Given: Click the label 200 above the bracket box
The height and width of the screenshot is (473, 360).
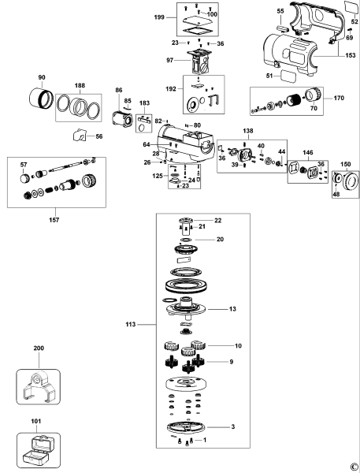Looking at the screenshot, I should point(39,348).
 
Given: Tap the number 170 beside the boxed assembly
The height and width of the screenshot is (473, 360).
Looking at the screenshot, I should point(339,100).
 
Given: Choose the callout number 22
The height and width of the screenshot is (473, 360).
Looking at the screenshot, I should point(218,220).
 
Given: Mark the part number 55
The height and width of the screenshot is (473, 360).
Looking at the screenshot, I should point(280,13).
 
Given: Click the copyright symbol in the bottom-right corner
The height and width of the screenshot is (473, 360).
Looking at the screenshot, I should point(352,465).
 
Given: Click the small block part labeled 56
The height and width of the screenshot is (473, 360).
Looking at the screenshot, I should point(80,135).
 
